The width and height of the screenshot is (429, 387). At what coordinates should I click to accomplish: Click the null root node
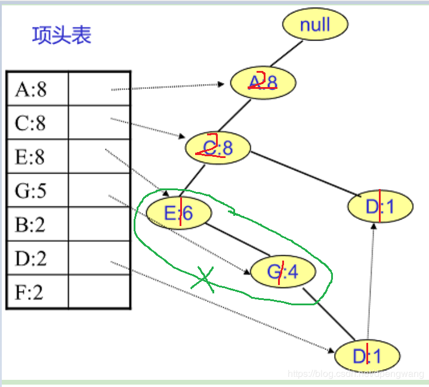pyautogui.click(x=314, y=24)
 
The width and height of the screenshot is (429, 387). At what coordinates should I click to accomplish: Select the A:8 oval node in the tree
pyautogui.click(x=263, y=82)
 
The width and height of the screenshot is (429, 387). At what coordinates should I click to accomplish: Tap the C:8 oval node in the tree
pyautogui.click(x=218, y=148)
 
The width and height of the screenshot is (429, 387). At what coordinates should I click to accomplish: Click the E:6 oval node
pyautogui.click(x=178, y=212)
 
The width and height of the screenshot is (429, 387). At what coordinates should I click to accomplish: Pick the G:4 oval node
pyautogui.click(x=282, y=272)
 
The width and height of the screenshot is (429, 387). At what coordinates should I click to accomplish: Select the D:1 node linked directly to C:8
pyautogui.click(x=380, y=207)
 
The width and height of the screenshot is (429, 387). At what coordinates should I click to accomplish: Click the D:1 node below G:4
pyautogui.click(x=367, y=356)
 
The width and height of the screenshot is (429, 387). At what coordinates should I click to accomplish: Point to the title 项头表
pyautogui.click(x=61, y=35)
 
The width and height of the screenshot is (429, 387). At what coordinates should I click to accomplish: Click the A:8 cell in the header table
pyautogui.click(x=38, y=89)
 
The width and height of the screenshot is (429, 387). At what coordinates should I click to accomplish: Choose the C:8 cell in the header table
pyautogui.click(x=38, y=123)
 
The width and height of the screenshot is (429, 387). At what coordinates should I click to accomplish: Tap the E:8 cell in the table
pyautogui.click(x=38, y=157)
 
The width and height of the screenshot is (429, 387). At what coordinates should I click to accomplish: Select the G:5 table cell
pyautogui.click(x=38, y=191)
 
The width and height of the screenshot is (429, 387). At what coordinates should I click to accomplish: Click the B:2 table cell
pyautogui.click(x=38, y=225)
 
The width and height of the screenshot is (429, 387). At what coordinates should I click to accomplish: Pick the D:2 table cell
pyautogui.click(x=38, y=259)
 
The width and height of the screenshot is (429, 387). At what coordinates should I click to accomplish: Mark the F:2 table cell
pyautogui.click(x=38, y=292)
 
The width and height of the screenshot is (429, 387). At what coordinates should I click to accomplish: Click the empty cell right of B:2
pyautogui.click(x=99, y=225)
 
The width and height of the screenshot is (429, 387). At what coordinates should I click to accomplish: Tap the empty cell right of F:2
pyautogui.click(x=99, y=292)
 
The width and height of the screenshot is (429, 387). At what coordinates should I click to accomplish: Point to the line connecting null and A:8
pyautogui.click(x=284, y=54)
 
